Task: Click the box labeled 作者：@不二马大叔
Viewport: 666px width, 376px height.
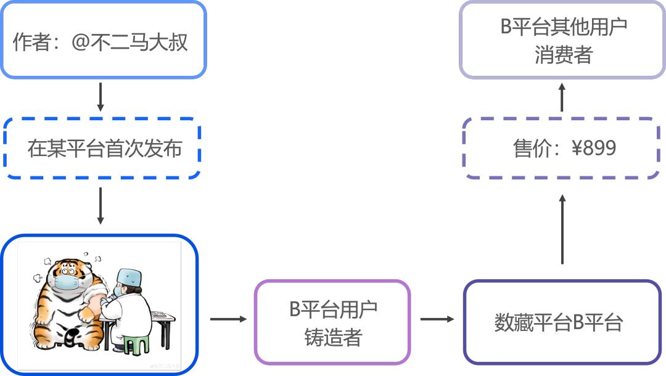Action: click(102, 41)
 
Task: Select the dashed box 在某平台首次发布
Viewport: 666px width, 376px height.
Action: click(102, 149)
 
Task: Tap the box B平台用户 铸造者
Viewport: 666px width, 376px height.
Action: click(332, 322)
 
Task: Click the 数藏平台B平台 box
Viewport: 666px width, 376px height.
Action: click(561, 322)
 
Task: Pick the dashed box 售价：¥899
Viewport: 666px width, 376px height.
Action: click(561, 149)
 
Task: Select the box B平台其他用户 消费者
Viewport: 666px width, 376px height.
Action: click(562, 39)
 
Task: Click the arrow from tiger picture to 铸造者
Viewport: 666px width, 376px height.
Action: click(228, 319)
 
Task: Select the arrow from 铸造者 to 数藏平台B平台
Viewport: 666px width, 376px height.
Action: click(437, 319)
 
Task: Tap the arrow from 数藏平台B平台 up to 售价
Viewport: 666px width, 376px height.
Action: click(562, 229)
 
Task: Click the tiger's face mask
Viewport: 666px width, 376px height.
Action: click(66, 282)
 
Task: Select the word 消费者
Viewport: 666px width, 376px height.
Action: click(563, 55)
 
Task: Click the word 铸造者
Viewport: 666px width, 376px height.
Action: click(333, 337)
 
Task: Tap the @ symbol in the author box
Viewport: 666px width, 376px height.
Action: click(80, 42)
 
